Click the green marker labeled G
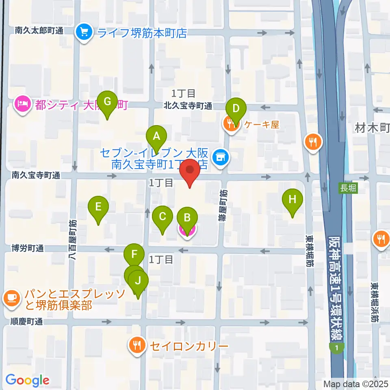tap(107, 102)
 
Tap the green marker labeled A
tap(156, 137)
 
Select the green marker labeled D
tap(236, 109)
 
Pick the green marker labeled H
tap(292, 200)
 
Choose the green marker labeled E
tap(98, 207)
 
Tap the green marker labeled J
tap(139, 281)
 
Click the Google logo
tap(27, 380)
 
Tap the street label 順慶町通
tap(27, 322)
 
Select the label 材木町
tap(373, 129)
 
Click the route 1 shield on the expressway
tap(337, 348)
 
